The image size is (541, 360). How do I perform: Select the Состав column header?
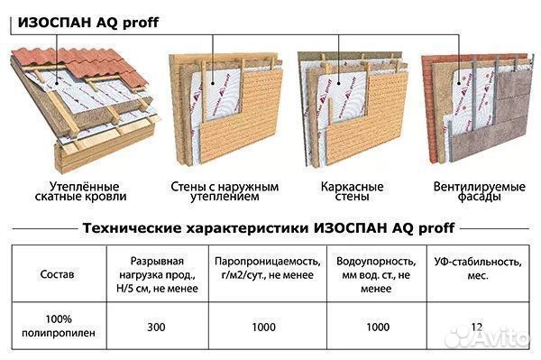click(58, 272)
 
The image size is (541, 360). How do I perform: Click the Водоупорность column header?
click(373, 272)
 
